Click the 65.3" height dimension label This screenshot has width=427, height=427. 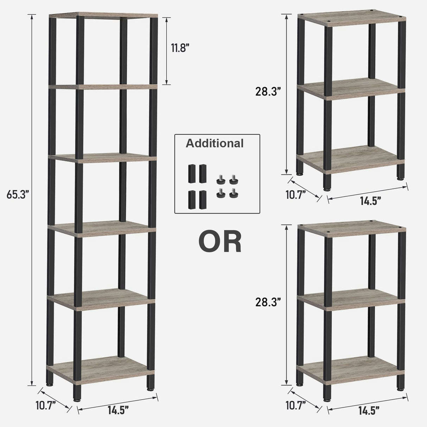pyautogui.click(x=17, y=195)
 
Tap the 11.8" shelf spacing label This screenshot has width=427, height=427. pyautogui.click(x=180, y=48)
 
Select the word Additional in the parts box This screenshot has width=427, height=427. pyautogui.click(x=215, y=144)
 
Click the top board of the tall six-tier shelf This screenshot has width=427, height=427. pyautogui.click(x=103, y=15)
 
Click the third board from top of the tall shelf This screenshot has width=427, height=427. pyautogui.click(x=102, y=158)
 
